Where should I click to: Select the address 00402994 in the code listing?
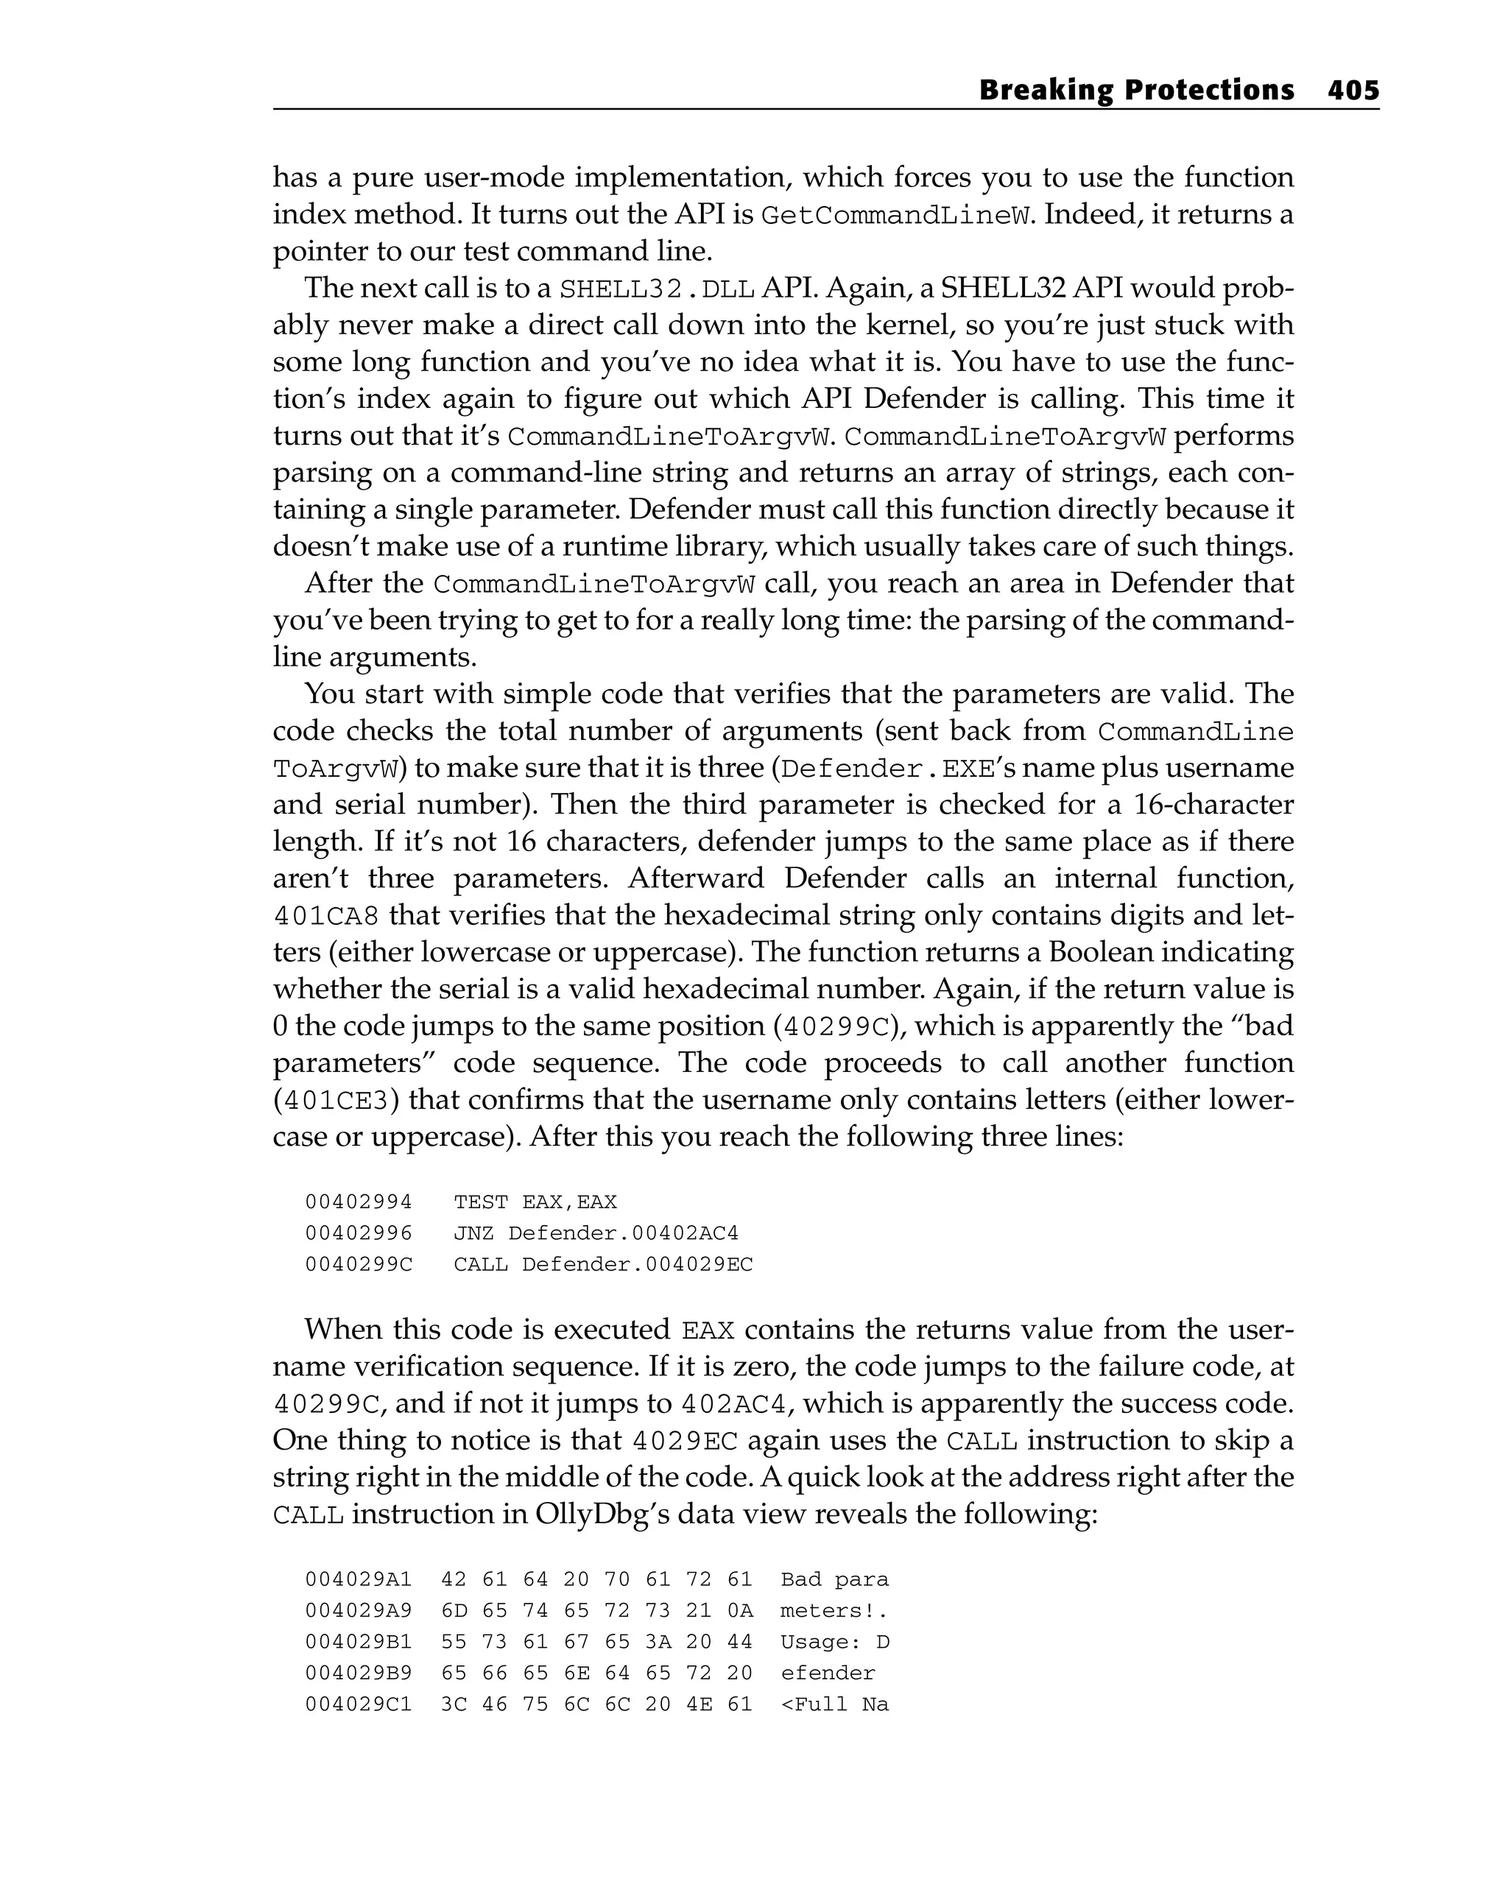click(x=359, y=1202)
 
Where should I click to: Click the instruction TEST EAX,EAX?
click(x=535, y=1202)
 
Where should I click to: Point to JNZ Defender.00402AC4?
click(x=596, y=1233)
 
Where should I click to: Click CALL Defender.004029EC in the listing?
click(x=603, y=1265)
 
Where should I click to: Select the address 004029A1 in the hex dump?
click(x=359, y=1580)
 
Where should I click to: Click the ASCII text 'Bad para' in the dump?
click(x=834, y=1580)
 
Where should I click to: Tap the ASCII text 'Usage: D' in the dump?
click(x=834, y=1642)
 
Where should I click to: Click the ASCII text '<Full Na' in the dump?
click(x=834, y=1704)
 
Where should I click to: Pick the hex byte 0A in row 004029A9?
click(x=739, y=1610)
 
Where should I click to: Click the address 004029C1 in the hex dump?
click(x=359, y=1704)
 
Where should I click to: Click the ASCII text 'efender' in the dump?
click(x=828, y=1673)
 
